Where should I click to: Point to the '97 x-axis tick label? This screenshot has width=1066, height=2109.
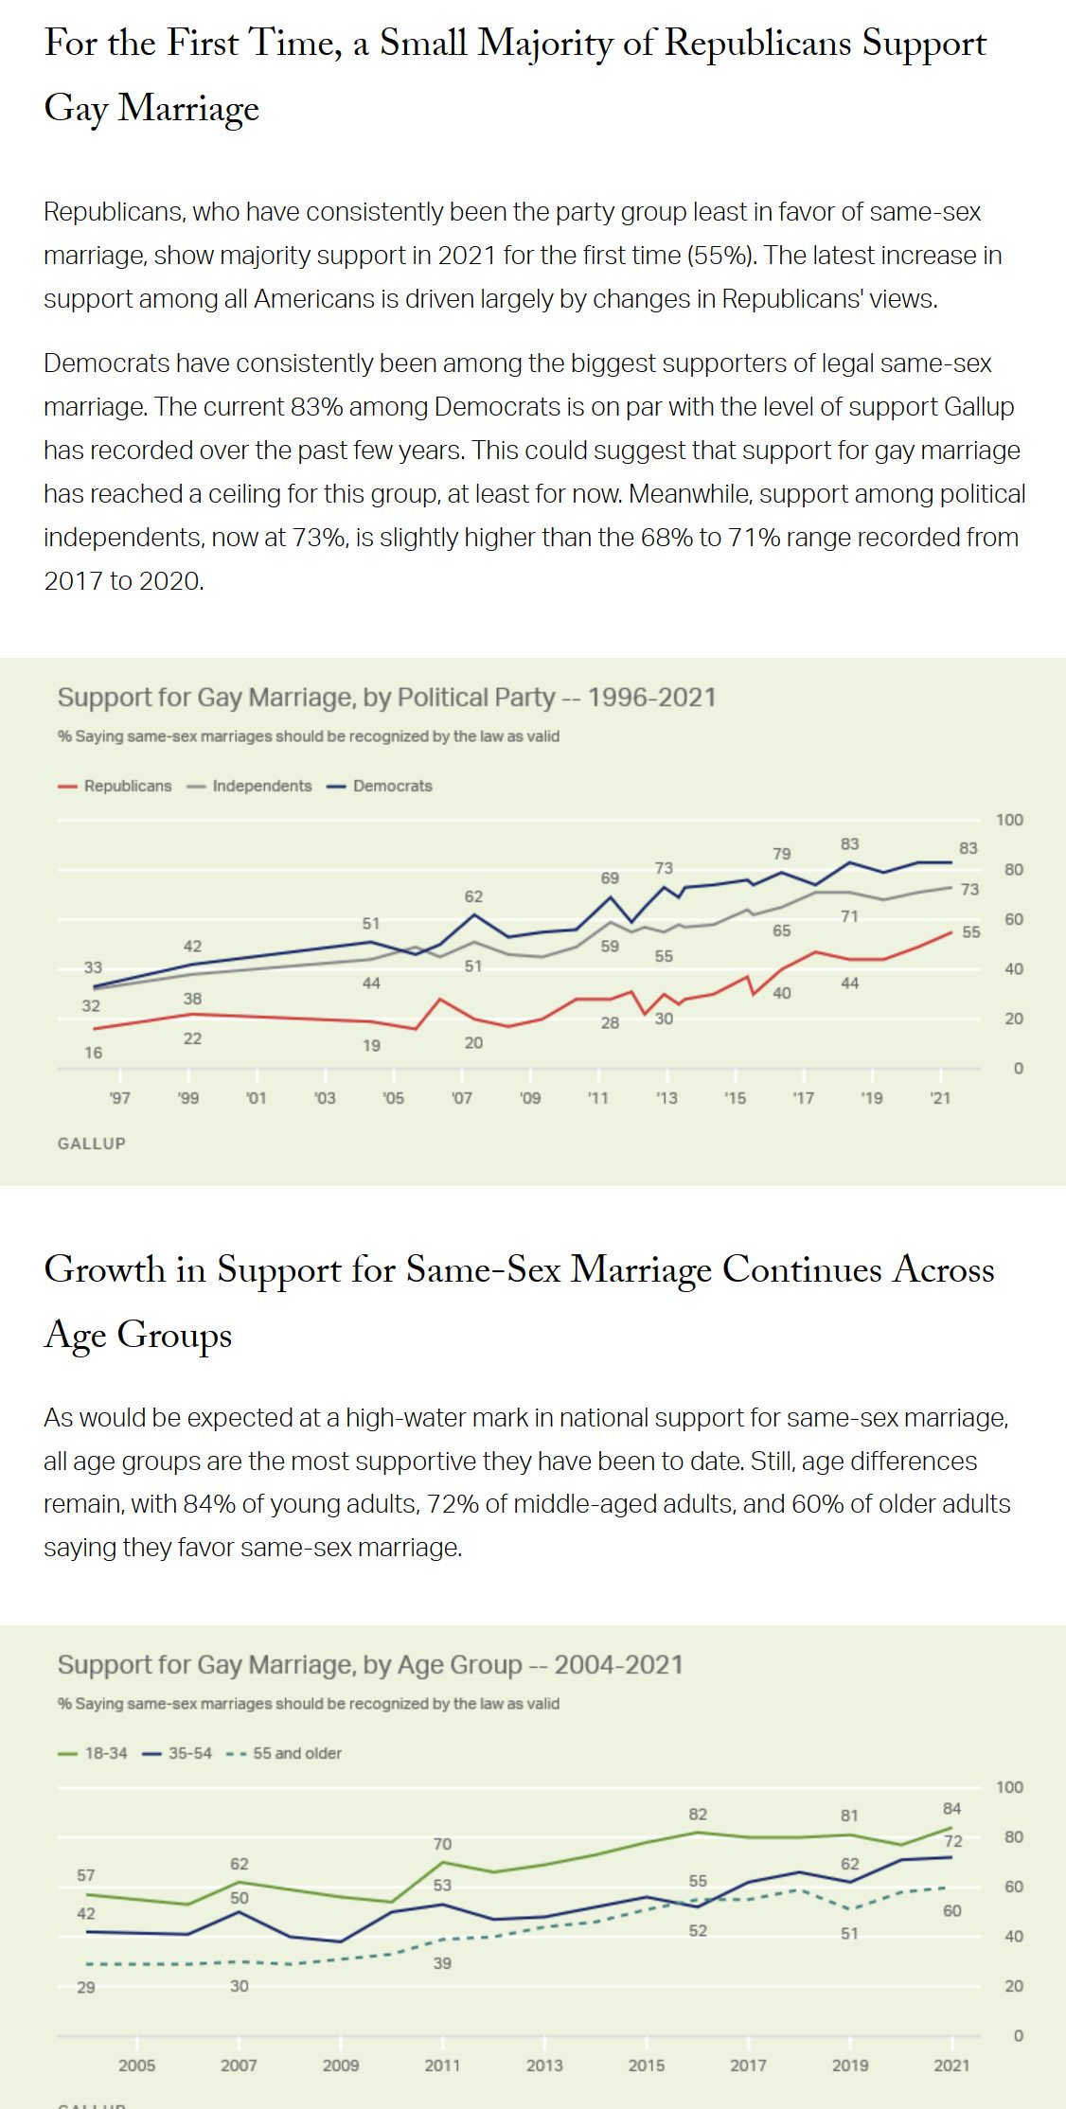(x=119, y=1098)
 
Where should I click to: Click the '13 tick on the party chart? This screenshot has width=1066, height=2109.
(x=666, y=1098)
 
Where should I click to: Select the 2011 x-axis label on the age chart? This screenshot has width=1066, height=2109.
(x=442, y=2065)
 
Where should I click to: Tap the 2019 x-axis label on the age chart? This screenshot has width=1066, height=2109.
(x=850, y=2065)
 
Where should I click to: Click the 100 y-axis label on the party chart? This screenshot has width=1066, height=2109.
(x=1009, y=820)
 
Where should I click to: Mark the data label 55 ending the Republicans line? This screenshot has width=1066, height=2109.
(x=971, y=932)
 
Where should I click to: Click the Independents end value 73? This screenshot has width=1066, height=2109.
(x=969, y=890)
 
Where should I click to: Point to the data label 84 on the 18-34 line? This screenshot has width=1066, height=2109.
(x=952, y=1808)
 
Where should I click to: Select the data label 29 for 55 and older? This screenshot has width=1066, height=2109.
(x=86, y=1987)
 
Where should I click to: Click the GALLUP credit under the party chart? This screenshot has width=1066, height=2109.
(x=92, y=1143)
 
